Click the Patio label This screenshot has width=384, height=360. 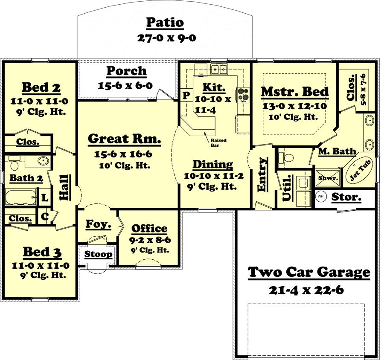tap(165, 22)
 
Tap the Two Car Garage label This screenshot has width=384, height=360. tap(309, 272)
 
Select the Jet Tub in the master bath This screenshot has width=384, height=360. tap(361, 171)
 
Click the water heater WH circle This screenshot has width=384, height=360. tap(321, 197)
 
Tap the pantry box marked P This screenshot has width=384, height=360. tap(186, 95)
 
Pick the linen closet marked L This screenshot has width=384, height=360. tap(44, 198)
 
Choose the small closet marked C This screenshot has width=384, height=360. tap(44, 217)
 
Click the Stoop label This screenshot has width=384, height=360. tap(98, 255)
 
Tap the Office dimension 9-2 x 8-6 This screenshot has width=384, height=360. tap(149, 240)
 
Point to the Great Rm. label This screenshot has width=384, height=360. tap(125, 139)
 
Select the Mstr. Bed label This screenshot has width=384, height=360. tap(294, 92)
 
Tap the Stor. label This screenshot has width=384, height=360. tap(346, 197)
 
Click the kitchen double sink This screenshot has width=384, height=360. tap(220, 68)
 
